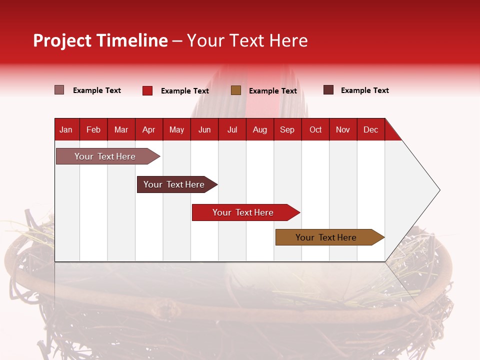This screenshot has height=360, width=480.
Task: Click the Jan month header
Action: click(66, 130)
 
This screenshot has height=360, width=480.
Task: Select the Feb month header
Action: click(93, 130)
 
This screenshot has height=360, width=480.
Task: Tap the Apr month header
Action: click(149, 130)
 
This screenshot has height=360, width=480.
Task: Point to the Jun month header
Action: click(204, 130)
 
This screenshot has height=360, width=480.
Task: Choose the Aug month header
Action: click(260, 130)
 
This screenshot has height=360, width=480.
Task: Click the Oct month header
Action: click(315, 130)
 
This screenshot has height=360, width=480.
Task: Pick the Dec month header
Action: click(370, 130)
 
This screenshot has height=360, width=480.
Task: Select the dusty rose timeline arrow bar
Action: click(108, 156)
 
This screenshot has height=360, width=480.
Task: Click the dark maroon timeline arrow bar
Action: click(177, 184)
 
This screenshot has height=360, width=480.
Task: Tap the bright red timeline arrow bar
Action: click(246, 212)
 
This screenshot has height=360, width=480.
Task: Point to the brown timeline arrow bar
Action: click(330, 237)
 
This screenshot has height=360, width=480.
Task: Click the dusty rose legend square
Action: click(59, 89)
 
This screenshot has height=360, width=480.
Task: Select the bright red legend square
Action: click(147, 90)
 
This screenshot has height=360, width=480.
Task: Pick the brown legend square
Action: click(236, 90)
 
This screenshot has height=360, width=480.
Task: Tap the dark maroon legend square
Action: click(328, 89)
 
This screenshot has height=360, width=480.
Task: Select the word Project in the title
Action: click(62, 40)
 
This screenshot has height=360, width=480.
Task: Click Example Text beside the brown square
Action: click(273, 91)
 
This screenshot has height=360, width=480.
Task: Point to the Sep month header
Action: click(287, 130)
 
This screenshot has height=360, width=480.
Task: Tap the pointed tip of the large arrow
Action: click(440, 190)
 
